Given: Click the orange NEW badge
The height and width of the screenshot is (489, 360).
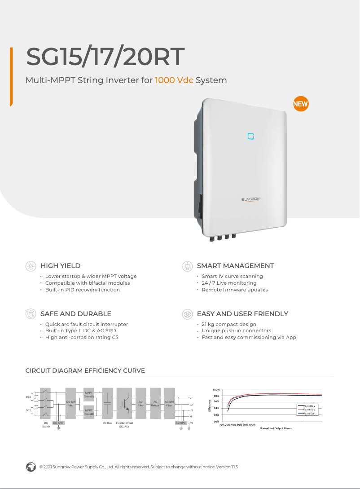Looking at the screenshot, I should pyautogui.click(x=300, y=104).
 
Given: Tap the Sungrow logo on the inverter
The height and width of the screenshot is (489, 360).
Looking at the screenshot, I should pyautogui.click(x=251, y=199).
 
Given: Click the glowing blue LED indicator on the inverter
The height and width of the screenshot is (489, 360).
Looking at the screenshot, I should pyautogui.click(x=251, y=136).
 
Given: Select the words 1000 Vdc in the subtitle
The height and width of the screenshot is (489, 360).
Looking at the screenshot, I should pyautogui.click(x=174, y=80).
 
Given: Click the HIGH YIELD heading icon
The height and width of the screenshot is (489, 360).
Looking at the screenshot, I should pyautogui.click(x=31, y=266).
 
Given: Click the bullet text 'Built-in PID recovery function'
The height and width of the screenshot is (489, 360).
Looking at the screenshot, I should pyautogui.click(x=83, y=290).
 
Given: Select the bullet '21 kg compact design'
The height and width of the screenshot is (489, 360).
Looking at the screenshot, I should pyautogui.click(x=229, y=324).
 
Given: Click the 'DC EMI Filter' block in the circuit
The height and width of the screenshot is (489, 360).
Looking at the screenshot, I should pyautogui.click(x=70, y=403).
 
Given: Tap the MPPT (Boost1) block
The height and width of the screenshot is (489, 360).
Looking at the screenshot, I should pyautogui.click(x=89, y=395).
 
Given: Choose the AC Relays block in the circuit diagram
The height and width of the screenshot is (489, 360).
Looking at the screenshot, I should pyautogui.click(x=155, y=403).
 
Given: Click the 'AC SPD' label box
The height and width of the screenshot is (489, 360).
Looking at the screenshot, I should pyautogui.click(x=180, y=423).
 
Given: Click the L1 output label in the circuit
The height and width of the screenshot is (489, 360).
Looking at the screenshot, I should pyautogui.click(x=191, y=398).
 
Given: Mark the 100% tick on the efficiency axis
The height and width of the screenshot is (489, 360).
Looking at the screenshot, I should pyautogui.click(x=216, y=390).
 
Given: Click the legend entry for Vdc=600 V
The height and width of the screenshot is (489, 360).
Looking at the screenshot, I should pyautogui.click(x=309, y=410).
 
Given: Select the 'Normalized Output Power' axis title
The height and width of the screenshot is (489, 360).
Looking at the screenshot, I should pyautogui.click(x=276, y=428).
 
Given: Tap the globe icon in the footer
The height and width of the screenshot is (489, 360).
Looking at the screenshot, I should pyautogui.click(x=31, y=467).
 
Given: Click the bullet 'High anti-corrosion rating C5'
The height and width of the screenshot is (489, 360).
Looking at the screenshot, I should pyautogui.click(x=82, y=337).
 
